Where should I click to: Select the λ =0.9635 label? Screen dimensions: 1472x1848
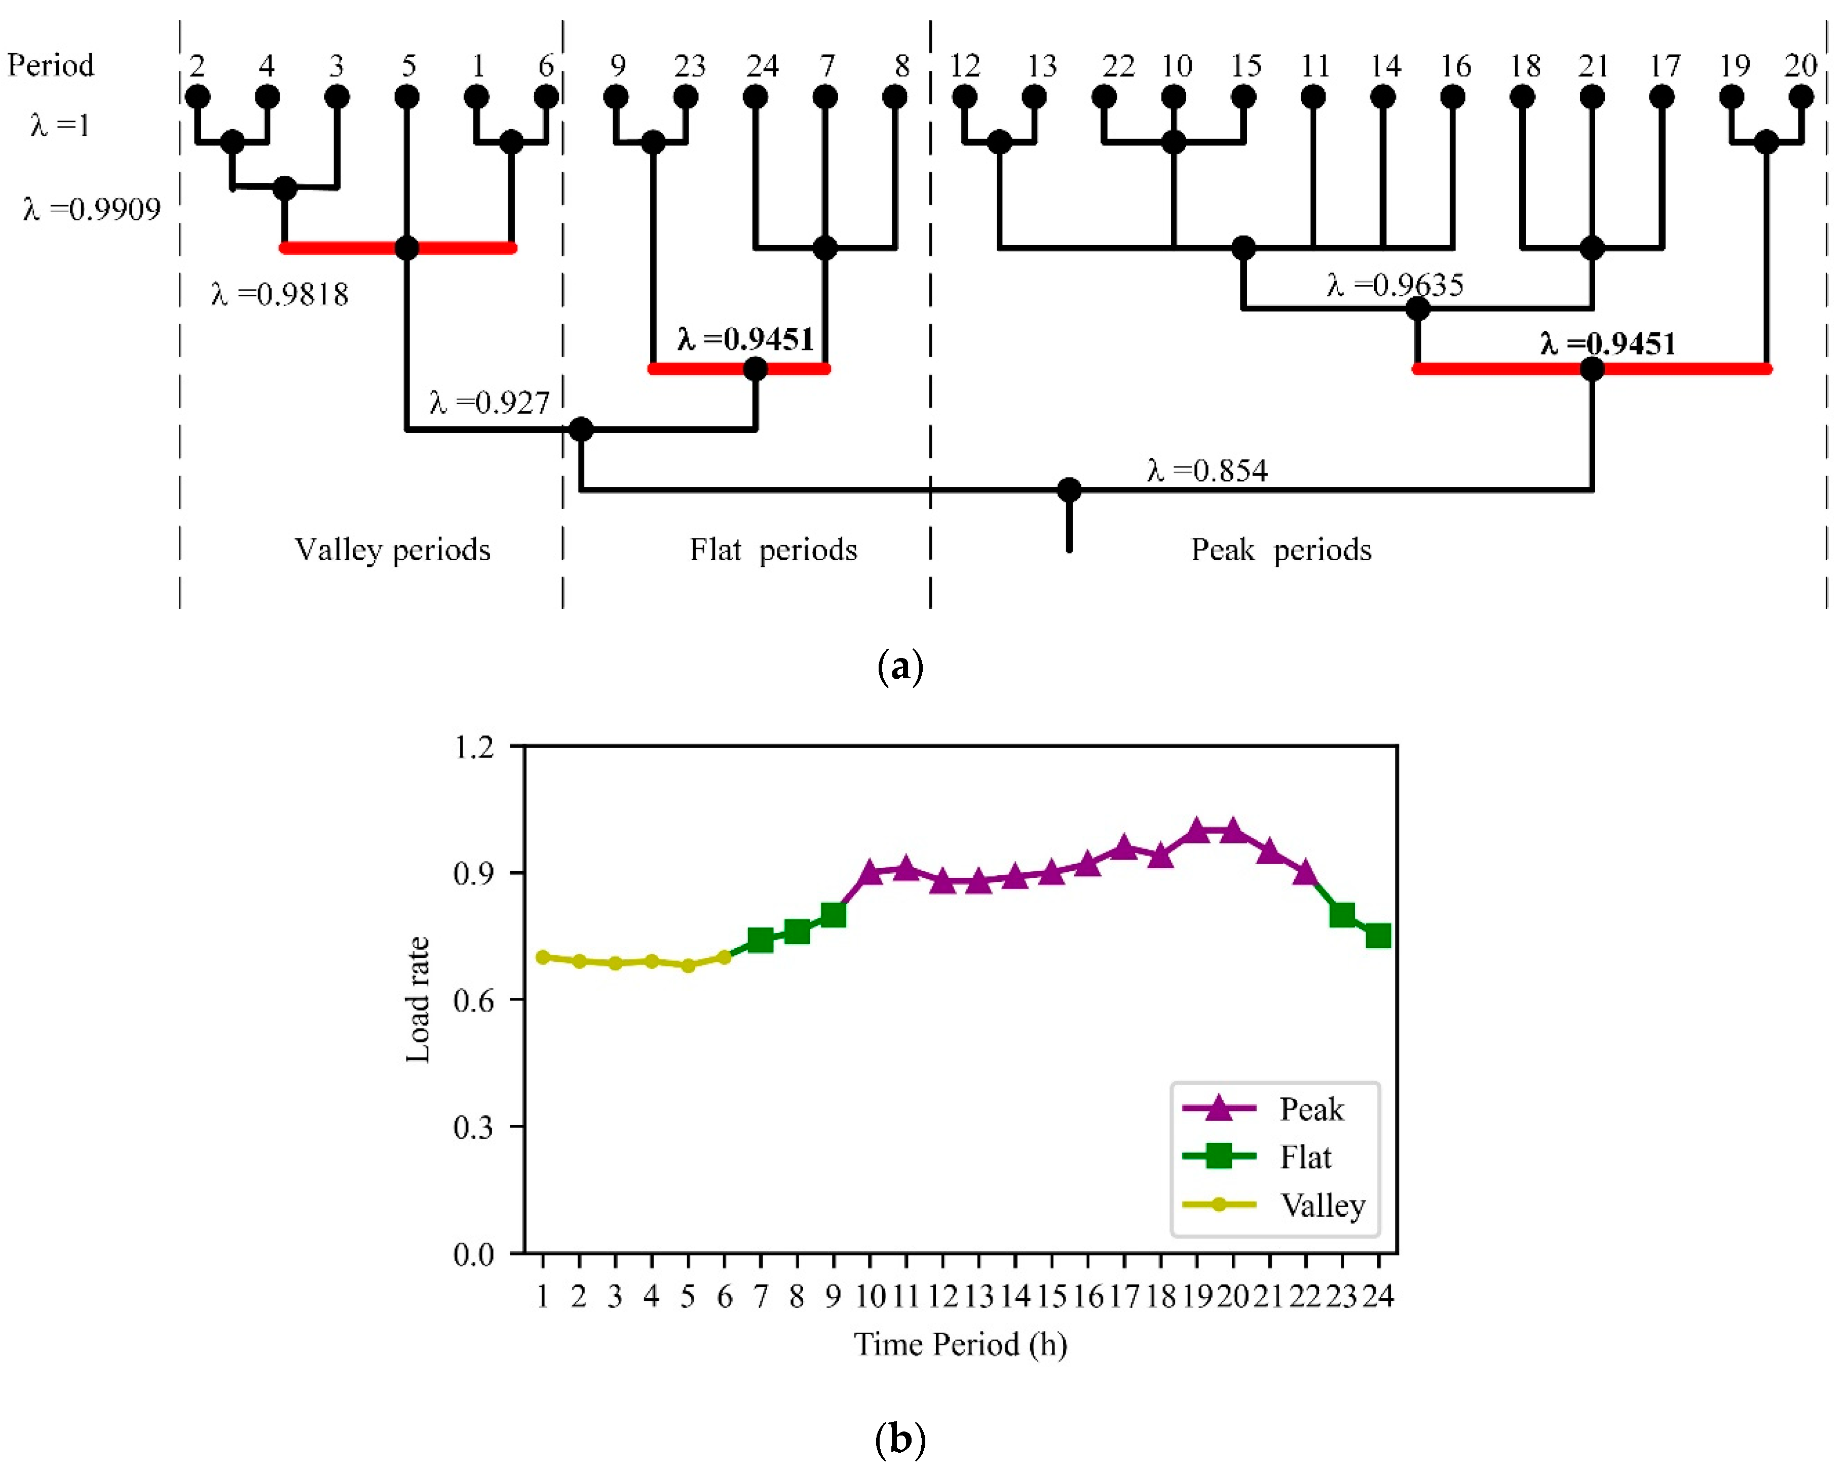[x=1394, y=285]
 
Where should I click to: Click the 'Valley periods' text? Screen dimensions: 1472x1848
[x=393, y=549]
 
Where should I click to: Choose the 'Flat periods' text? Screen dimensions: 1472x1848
[x=773, y=549]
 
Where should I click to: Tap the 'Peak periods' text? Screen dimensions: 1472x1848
[x=1280, y=549]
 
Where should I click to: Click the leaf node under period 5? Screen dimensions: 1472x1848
[x=407, y=97]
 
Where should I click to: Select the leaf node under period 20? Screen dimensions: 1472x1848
[x=1801, y=97]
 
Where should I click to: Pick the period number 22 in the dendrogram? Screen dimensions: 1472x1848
[x=1118, y=66]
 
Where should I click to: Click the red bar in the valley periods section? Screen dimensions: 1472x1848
[x=343, y=249]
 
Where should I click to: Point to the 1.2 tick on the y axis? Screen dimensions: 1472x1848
[x=474, y=747]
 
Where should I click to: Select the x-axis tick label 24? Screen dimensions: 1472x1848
[x=1377, y=1296]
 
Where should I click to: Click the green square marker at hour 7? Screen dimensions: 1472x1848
[x=760, y=940]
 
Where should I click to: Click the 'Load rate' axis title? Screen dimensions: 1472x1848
[x=418, y=1000]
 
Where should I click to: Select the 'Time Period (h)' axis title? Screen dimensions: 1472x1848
[x=960, y=1344]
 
